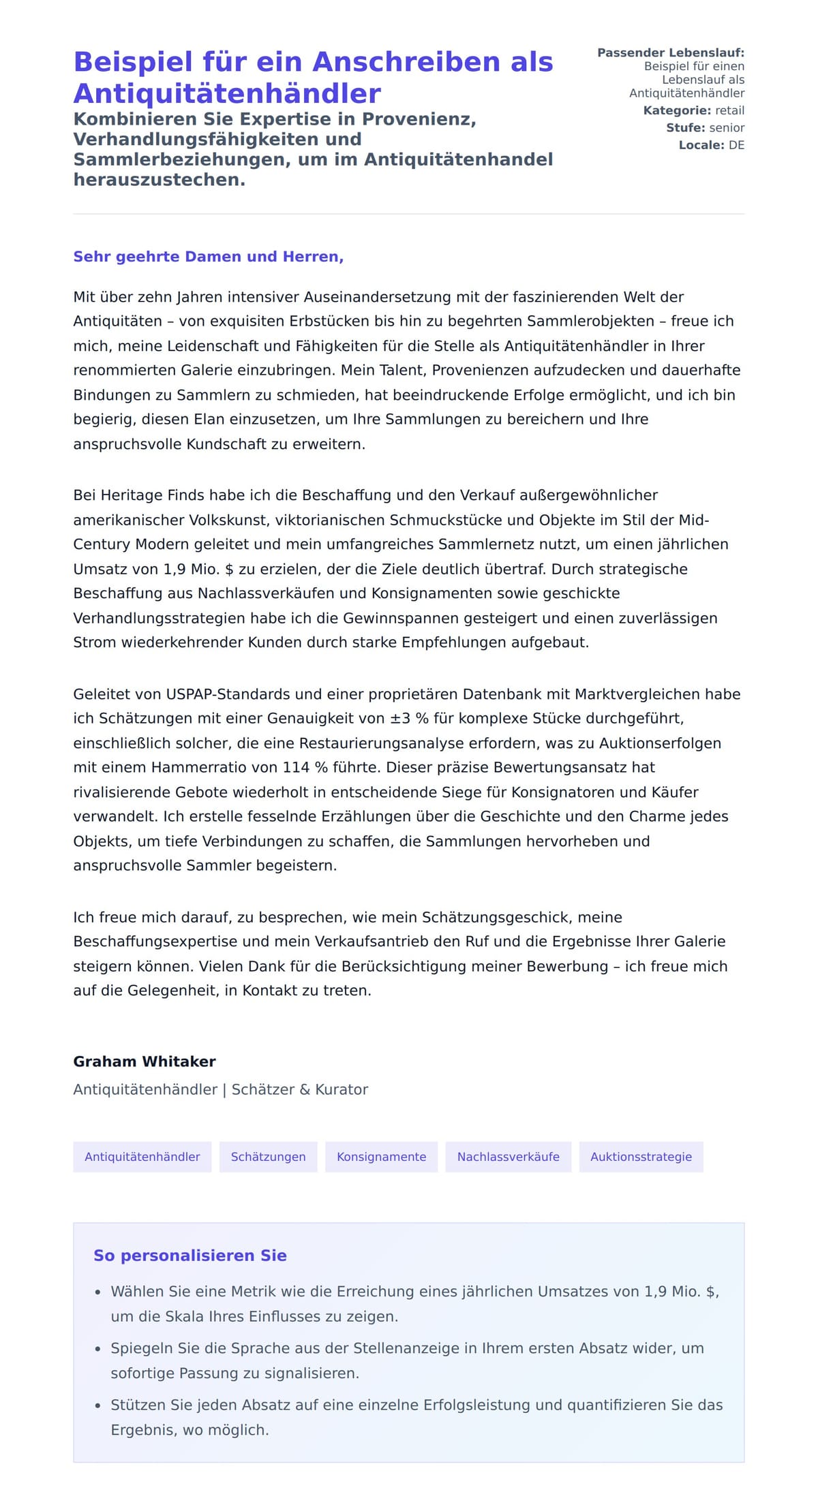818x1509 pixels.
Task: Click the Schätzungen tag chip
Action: [x=268, y=1157]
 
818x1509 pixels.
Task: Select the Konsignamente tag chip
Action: [x=381, y=1157]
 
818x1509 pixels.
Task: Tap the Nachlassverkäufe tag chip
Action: [x=508, y=1157]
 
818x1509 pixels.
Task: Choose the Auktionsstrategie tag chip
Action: [x=641, y=1157]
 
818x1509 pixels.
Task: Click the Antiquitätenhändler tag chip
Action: [x=142, y=1157]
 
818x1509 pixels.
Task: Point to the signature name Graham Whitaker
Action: [x=145, y=1061]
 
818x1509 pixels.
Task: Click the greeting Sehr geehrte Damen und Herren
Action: [x=208, y=257]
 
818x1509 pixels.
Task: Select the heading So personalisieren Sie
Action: [x=190, y=1256]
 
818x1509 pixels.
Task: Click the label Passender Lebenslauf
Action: [x=671, y=52]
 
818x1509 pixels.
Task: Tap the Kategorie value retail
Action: [x=729, y=110]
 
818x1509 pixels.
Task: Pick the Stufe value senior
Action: [x=727, y=127]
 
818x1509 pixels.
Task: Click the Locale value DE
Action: [x=736, y=145]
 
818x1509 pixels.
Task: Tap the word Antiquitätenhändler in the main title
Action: [x=227, y=93]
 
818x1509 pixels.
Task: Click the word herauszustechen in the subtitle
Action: [x=159, y=180]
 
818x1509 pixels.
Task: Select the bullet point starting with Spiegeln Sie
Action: [x=407, y=1360]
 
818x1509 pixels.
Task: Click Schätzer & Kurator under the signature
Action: [x=300, y=1089]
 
